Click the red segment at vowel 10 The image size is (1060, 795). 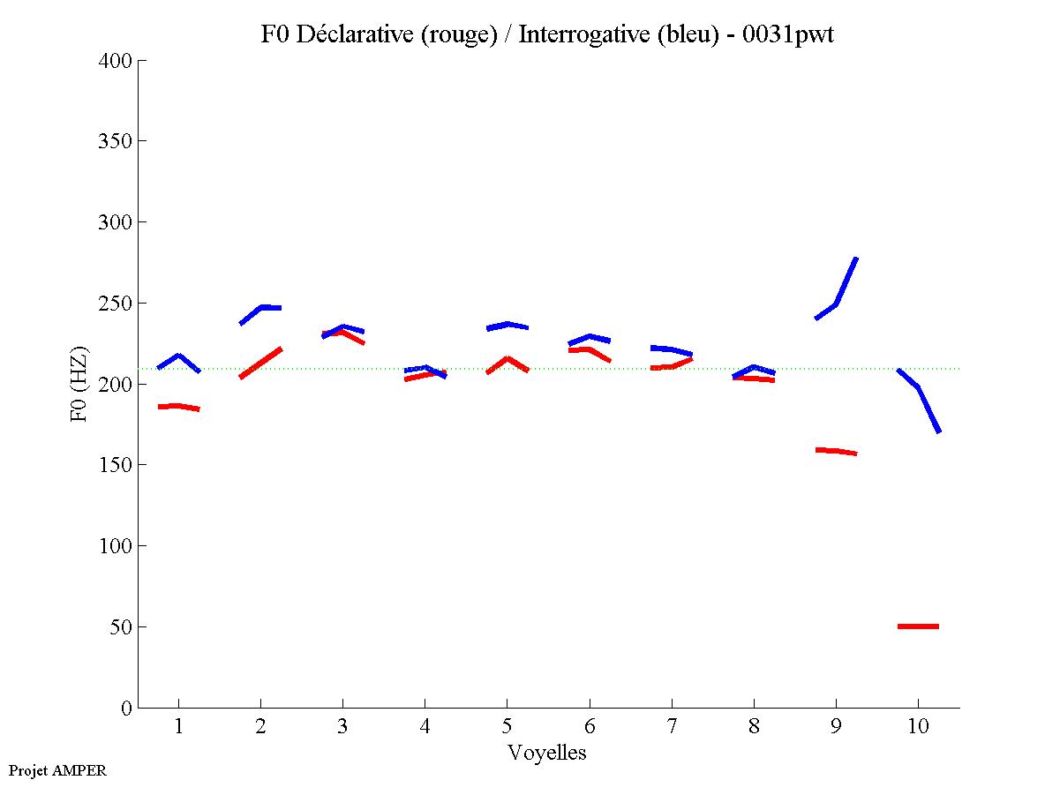tap(918, 626)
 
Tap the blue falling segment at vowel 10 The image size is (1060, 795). tap(919, 388)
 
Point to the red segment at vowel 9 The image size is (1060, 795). tap(836, 451)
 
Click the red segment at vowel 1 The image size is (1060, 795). tap(178, 407)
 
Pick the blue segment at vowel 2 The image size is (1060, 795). tap(261, 308)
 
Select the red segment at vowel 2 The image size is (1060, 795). tap(260, 363)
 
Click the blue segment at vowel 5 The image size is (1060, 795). tap(507, 325)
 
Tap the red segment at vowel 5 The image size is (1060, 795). tap(507, 359)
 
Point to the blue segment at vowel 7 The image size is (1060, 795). tap(672, 349)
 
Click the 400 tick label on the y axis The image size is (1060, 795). tap(116, 61)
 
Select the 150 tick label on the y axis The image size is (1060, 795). tap(116, 465)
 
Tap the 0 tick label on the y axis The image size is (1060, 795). tap(126, 708)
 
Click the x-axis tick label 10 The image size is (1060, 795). tap(918, 729)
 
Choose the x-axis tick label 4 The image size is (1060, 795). tap(425, 729)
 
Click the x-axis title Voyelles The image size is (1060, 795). tap(547, 754)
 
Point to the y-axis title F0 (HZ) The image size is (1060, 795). tap(79, 384)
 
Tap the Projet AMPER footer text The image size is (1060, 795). tap(57, 770)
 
